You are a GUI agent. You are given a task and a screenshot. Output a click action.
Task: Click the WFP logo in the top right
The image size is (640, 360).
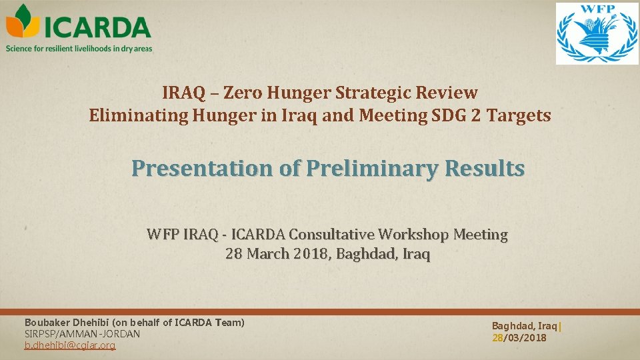[x=597, y=33]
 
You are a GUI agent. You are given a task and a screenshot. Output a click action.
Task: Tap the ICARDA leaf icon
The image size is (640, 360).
[x=23, y=23]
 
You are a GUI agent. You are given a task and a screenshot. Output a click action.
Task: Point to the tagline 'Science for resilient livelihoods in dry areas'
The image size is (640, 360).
[x=79, y=48]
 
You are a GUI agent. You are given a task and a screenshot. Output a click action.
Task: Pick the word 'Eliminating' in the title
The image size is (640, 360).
[x=138, y=115]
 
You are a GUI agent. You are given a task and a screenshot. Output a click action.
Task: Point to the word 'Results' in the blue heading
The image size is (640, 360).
[x=481, y=169]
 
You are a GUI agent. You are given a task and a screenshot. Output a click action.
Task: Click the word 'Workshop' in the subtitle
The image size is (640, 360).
[x=413, y=235]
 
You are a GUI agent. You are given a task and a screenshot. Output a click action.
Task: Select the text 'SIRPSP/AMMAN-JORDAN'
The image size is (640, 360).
[x=82, y=333]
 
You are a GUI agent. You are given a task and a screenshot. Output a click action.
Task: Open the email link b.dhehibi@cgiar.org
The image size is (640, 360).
[x=70, y=345]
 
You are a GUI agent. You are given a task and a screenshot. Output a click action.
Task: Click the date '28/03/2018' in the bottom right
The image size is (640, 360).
[x=519, y=338]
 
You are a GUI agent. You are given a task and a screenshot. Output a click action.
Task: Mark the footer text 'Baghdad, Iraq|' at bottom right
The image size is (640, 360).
[x=527, y=326]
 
